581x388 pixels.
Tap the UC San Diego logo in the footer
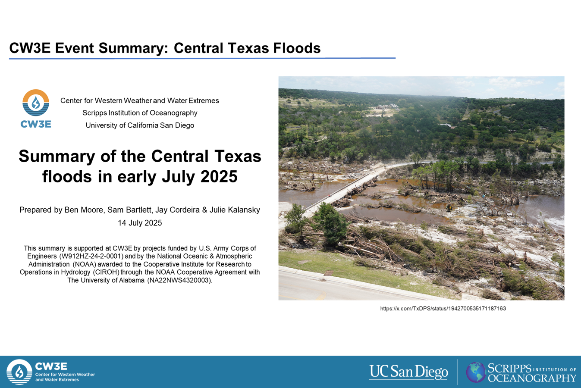(x=408, y=372)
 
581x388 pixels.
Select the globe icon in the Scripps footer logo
(x=476, y=372)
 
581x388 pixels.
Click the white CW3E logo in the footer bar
(x=51, y=372)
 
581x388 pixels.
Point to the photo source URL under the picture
(x=443, y=308)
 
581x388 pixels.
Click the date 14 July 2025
(x=140, y=223)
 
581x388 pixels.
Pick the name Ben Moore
(x=84, y=210)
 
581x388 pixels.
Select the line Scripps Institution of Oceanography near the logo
(x=140, y=113)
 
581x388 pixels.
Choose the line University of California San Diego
(x=140, y=125)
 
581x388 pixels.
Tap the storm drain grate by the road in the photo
(x=329, y=273)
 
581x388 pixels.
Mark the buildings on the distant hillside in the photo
(x=386, y=106)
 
